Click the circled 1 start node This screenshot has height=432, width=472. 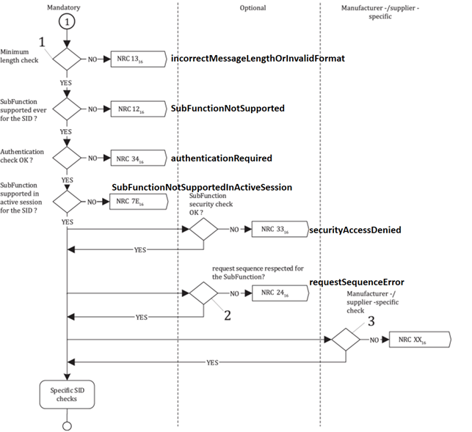(67, 22)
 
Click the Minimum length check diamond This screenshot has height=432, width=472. (67, 59)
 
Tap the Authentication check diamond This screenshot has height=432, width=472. (67, 157)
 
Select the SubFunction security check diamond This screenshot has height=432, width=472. (203, 229)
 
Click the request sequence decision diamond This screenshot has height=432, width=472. (203, 293)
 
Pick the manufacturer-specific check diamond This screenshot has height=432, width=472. (344, 340)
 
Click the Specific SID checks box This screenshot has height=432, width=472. (67, 395)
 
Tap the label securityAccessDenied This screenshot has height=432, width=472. (355, 230)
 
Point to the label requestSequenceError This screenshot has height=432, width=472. (357, 282)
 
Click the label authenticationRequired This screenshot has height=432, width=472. (221, 158)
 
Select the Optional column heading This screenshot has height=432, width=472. (253, 7)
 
